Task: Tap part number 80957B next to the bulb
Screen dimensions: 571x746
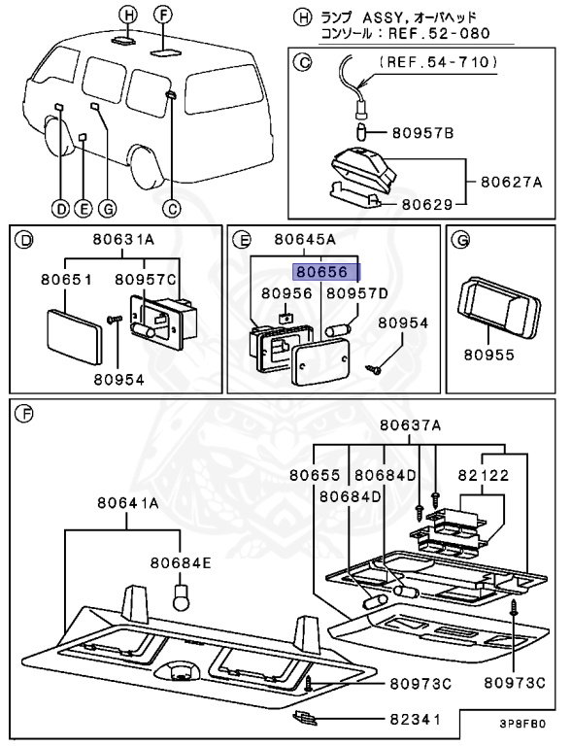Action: click(x=422, y=133)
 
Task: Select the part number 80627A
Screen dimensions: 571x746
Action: click(x=511, y=182)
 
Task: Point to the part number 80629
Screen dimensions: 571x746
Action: click(x=427, y=204)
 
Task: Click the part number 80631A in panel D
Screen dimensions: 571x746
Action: click(x=123, y=239)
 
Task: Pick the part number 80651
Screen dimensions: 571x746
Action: click(x=66, y=280)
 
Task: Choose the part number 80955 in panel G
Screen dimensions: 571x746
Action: click(x=489, y=355)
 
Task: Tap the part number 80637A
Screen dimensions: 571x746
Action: click(x=410, y=424)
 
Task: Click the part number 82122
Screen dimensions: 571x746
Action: click(x=484, y=475)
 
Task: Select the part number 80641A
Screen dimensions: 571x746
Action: click(x=128, y=503)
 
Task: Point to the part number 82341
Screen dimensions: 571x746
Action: click(x=416, y=719)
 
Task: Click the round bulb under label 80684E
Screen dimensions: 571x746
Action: click(x=181, y=598)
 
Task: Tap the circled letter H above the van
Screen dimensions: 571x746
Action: click(x=127, y=16)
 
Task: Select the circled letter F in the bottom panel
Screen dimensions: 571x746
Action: click(x=23, y=414)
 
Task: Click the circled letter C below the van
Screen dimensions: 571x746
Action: click(x=171, y=209)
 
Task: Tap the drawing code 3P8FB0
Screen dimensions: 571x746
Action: click(x=522, y=724)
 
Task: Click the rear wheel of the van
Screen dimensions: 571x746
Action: click(x=148, y=166)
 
